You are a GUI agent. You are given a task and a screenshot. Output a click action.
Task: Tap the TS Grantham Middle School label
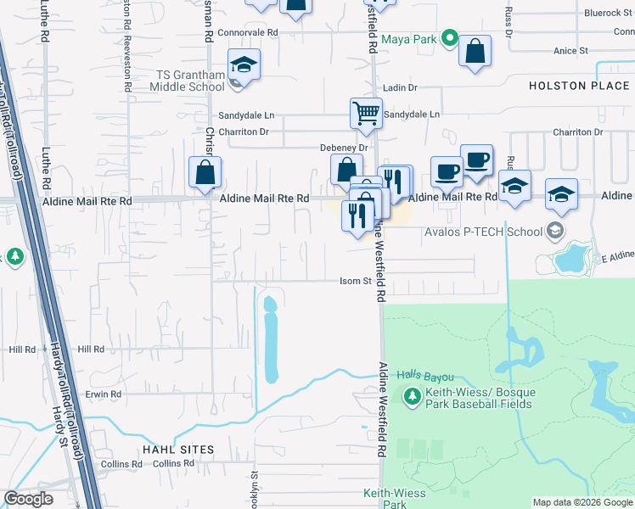point(188,80)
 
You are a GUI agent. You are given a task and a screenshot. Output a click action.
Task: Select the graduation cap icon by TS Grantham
point(244,64)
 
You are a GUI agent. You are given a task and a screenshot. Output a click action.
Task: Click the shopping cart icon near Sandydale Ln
point(366,112)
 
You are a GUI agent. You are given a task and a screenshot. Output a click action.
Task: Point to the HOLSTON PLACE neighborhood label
point(580,86)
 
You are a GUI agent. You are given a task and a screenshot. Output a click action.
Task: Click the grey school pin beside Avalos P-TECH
point(555,230)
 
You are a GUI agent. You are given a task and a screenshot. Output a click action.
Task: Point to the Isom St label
point(356,282)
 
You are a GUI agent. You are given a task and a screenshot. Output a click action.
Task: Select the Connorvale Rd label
point(248,32)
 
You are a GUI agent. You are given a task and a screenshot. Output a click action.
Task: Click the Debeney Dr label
point(343,148)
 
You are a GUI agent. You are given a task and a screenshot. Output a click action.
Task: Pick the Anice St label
point(570,51)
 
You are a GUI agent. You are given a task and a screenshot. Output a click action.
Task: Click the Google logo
point(29,498)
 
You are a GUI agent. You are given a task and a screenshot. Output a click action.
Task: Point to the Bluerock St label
point(604,14)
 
